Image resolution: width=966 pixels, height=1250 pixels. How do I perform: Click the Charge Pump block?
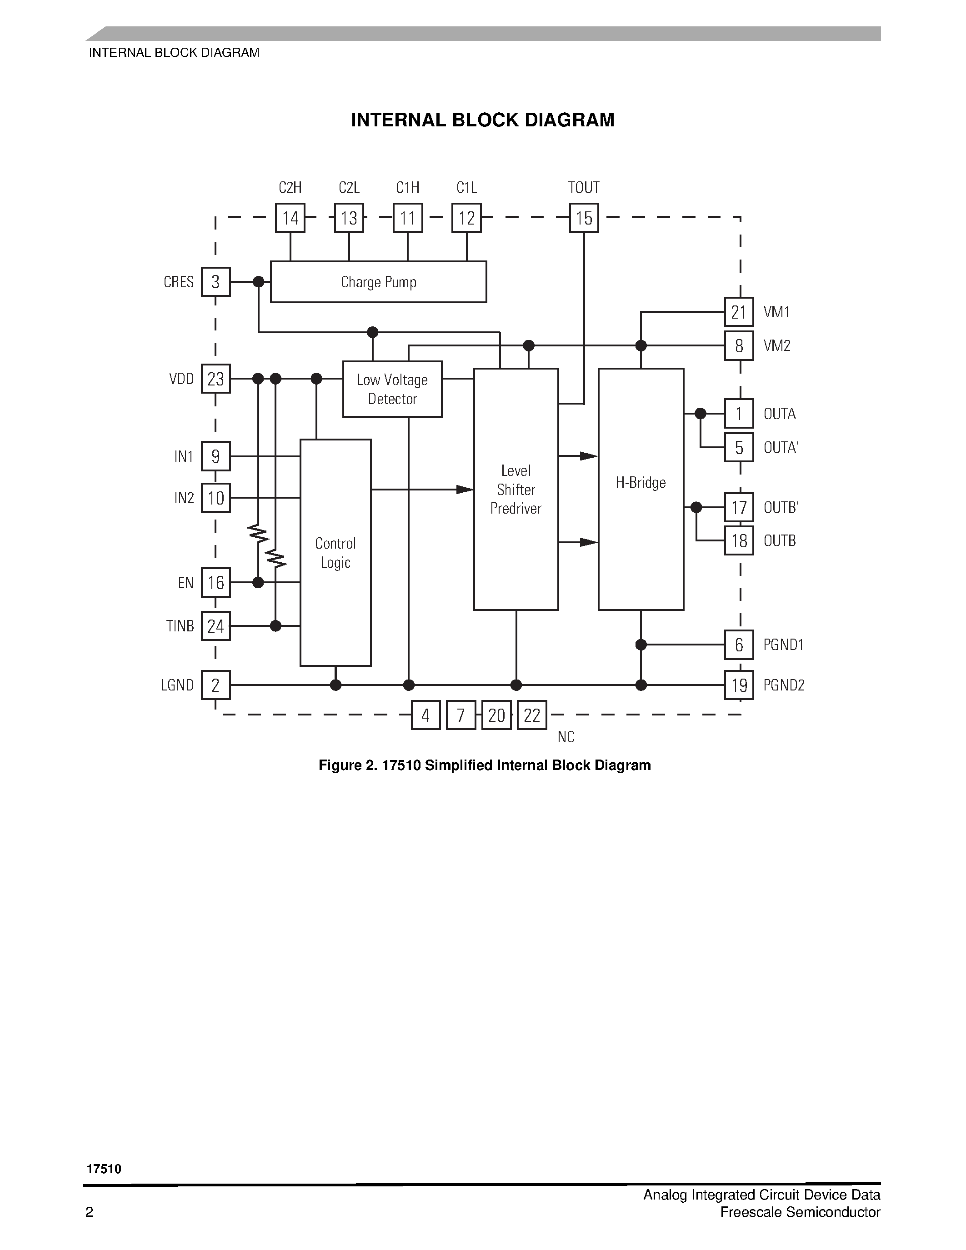click(378, 282)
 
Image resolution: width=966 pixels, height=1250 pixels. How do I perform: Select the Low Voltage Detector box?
click(392, 389)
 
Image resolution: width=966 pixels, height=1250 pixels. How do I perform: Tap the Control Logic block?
click(335, 552)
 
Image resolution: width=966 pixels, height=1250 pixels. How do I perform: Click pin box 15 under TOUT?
click(584, 218)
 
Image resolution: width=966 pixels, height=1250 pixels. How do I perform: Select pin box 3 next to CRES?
click(216, 282)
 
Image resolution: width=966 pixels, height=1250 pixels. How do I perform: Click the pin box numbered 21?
click(739, 313)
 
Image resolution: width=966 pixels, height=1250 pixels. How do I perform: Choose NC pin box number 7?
click(460, 715)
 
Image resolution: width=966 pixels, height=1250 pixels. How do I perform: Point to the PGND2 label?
click(784, 685)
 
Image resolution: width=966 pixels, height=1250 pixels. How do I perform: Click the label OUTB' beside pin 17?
click(781, 508)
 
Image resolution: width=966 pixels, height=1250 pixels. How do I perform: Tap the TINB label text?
click(180, 626)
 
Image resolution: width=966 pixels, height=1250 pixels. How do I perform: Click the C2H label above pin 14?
click(290, 188)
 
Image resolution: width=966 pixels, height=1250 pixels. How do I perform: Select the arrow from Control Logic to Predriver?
click(465, 490)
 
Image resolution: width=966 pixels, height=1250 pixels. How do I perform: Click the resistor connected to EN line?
click(258, 535)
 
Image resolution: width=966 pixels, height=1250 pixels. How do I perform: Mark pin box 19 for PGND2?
click(739, 685)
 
